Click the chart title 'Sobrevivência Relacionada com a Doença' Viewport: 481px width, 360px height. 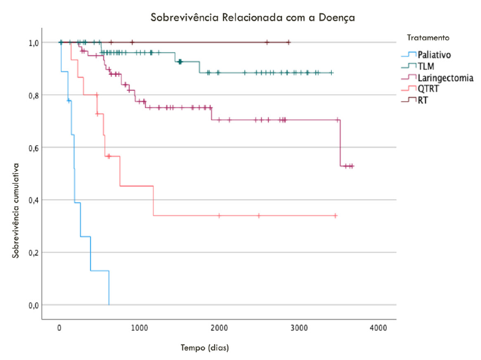coord(253,17)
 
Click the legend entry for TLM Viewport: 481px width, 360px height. coord(426,66)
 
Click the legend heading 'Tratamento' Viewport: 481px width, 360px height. coord(428,38)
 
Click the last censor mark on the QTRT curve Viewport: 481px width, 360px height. coord(336,215)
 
